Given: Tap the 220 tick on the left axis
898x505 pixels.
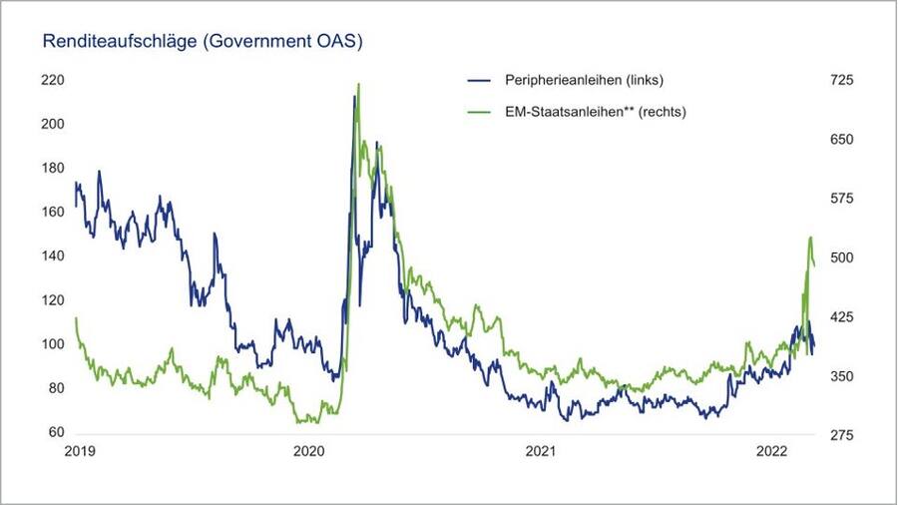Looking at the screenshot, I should coord(52,80).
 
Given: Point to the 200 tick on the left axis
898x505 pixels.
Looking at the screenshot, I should coord(52,124).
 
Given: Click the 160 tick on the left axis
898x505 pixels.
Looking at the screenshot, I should coord(52,212).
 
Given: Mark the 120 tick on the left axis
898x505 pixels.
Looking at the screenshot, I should coord(52,300).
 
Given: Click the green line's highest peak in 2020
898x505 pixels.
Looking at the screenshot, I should coord(358,85).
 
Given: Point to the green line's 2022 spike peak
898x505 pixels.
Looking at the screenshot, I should coord(810,238).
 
